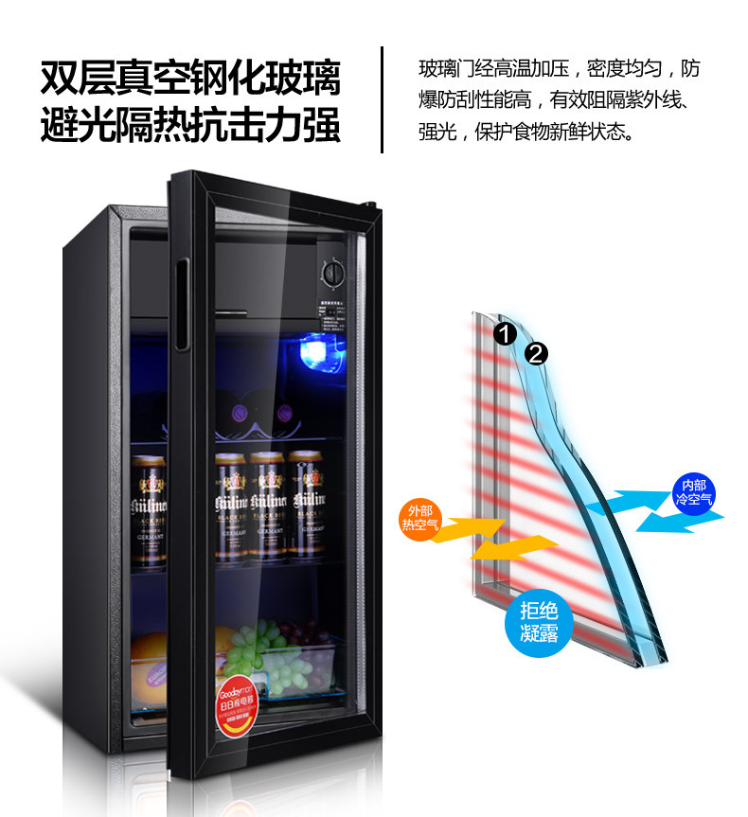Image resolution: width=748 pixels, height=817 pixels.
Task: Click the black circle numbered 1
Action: (x=503, y=334)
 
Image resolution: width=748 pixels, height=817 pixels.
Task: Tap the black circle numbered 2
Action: (x=536, y=354)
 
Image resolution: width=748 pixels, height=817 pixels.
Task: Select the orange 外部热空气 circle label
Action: (x=419, y=517)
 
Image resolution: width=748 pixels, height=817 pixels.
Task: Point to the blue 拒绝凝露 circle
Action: (x=539, y=622)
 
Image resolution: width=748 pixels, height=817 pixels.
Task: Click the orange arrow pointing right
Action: (x=477, y=527)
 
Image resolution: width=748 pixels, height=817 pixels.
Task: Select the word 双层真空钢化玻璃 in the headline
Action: (x=189, y=78)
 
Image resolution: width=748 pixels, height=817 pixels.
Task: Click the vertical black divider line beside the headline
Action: (x=382, y=98)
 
